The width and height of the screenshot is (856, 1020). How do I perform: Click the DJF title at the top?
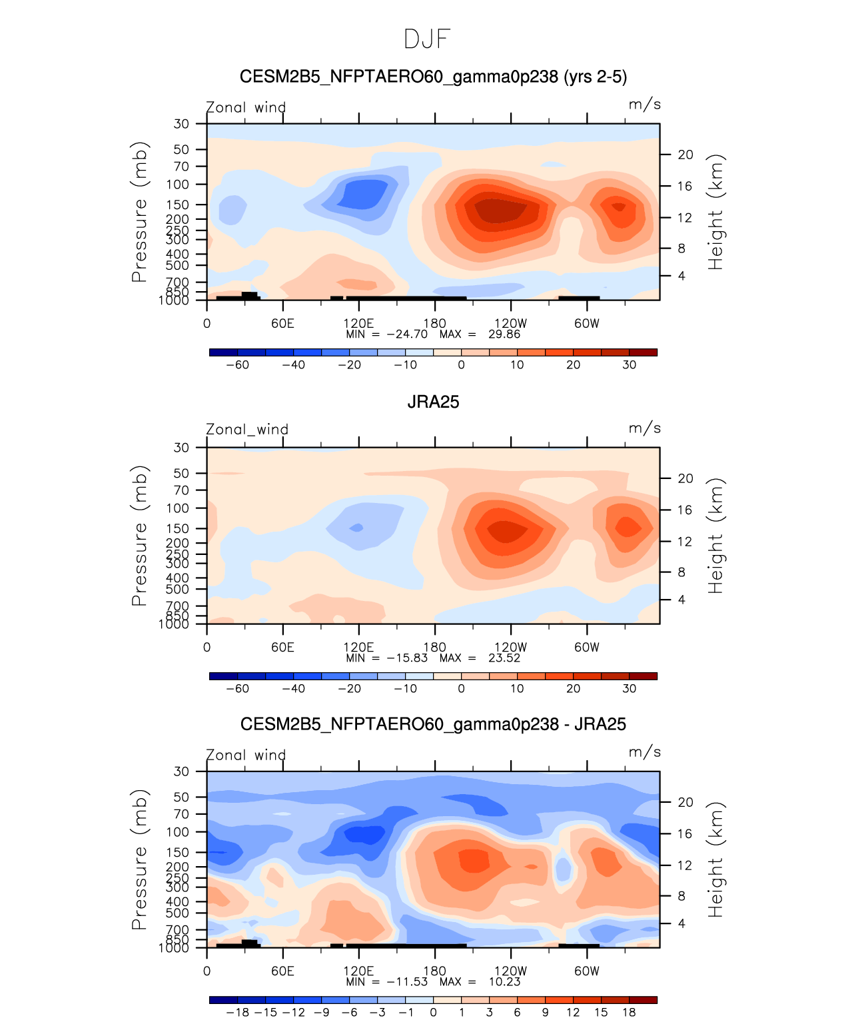(427, 39)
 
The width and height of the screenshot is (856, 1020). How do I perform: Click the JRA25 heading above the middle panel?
(433, 402)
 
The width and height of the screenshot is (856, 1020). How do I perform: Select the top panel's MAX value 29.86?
(504, 334)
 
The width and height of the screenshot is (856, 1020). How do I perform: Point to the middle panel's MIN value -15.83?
(407, 658)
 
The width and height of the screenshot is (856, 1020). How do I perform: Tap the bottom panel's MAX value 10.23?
(504, 982)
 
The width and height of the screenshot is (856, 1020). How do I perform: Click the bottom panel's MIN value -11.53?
(407, 982)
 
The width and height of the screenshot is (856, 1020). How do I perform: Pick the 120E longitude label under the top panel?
(358, 324)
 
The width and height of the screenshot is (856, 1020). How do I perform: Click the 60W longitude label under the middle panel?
(587, 648)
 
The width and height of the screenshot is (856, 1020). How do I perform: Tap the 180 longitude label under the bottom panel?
(435, 971)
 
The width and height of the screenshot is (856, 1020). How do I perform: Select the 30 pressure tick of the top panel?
(182, 124)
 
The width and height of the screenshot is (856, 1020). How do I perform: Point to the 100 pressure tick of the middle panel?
(178, 508)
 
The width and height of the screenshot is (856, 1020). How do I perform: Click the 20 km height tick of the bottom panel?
(685, 802)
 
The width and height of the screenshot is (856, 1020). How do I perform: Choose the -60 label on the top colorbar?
(237, 365)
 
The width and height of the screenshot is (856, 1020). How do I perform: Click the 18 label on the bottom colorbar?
(629, 1013)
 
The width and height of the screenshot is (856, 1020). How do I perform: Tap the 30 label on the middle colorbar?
(629, 689)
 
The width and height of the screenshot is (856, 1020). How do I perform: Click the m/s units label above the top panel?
(644, 105)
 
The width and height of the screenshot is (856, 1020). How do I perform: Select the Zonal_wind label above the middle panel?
(247, 430)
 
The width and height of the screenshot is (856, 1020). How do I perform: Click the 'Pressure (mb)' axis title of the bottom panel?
(139, 859)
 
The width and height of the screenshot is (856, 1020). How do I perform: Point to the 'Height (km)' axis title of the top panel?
(715, 212)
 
